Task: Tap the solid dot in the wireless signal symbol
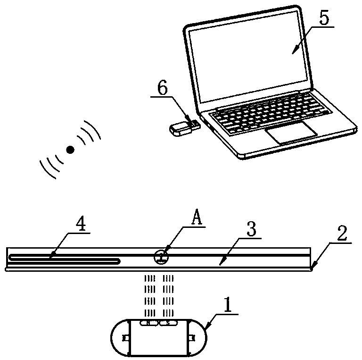pyautogui.click(x=71, y=150)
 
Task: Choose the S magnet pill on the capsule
pyautogui.click(x=167, y=323)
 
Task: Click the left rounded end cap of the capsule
pyautogui.click(x=120, y=338)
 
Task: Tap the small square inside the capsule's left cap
pyautogui.click(x=125, y=338)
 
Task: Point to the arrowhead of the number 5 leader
pyautogui.click(x=293, y=51)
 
